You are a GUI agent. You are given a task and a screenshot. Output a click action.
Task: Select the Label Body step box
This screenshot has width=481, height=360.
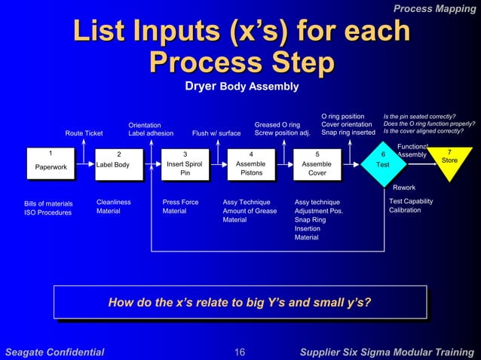click(x=118, y=164)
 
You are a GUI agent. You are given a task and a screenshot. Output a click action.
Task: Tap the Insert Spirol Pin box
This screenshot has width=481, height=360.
click(x=185, y=164)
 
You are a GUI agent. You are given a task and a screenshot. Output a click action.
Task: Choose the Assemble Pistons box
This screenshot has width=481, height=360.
click(x=251, y=164)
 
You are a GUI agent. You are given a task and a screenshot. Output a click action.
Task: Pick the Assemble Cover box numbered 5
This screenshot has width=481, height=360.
click(x=317, y=164)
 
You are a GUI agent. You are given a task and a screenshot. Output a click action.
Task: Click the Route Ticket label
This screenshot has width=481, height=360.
click(x=84, y=133)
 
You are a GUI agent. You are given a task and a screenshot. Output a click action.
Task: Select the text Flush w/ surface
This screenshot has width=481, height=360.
click(x=216, y=133)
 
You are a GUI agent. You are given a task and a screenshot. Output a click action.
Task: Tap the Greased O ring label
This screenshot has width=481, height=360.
click(x=277, y=124)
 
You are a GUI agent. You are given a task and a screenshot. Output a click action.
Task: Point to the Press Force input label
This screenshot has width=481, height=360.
click(x=180, y=202)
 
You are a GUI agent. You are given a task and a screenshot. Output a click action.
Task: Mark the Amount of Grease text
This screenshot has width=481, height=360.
click(x=250, y=211)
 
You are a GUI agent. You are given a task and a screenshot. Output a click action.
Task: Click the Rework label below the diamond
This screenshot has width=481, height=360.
click(x=404, y=187)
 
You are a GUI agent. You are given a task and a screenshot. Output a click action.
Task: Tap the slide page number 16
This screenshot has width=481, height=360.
click(x=240, y=351)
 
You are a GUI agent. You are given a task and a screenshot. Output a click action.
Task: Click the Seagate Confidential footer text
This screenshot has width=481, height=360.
click(x=54, y=351)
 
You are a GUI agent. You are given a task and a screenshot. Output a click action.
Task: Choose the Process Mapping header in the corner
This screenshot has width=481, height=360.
click(x=435, y=8)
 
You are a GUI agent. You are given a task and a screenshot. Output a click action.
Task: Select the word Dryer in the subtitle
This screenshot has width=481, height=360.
click(x=201, y=87)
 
